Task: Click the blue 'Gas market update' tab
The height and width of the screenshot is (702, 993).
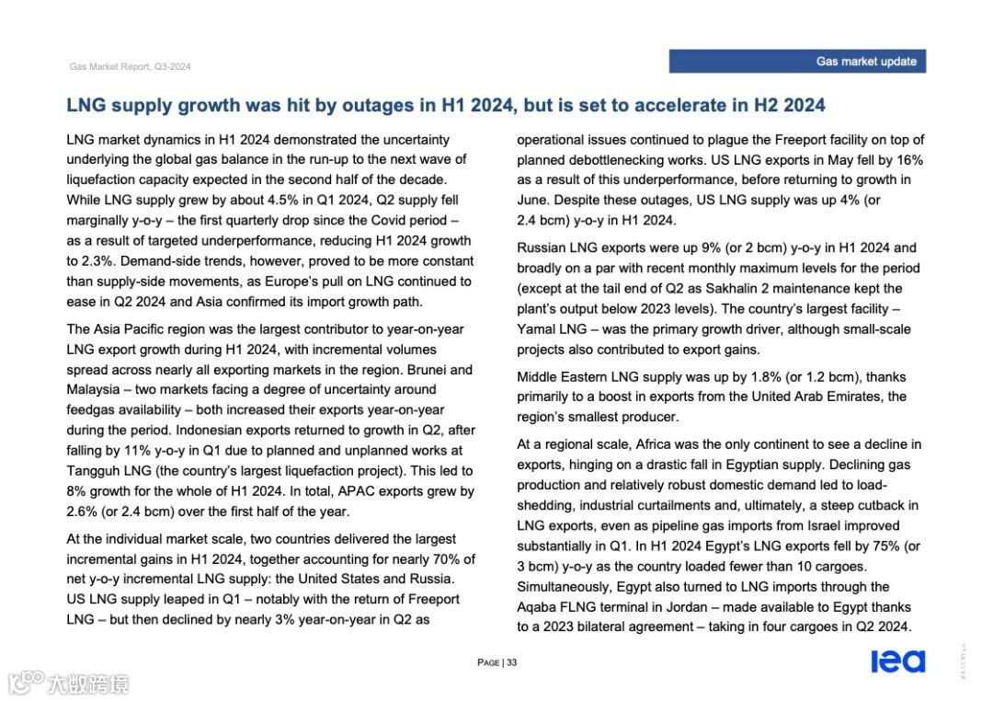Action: point(796,62)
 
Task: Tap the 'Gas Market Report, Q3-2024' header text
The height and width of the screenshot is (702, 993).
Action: point(131,67)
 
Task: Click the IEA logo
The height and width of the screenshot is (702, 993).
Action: point(897,662)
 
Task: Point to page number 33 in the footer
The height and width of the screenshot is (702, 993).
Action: point(512,662)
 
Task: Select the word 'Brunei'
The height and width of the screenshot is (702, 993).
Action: point(451,370)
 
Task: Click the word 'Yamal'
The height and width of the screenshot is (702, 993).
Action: point(536,329)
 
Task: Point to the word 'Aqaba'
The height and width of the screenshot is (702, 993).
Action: point(538,607)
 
